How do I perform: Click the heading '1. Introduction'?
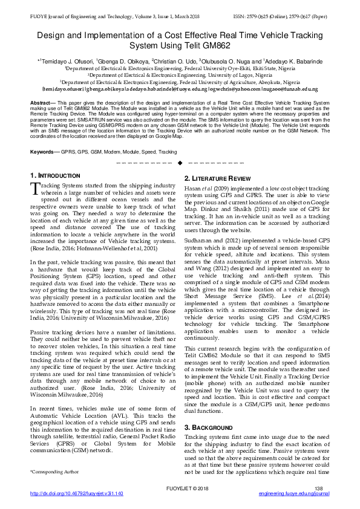(x=55, y=175)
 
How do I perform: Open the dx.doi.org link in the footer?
(x=77, y=493)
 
